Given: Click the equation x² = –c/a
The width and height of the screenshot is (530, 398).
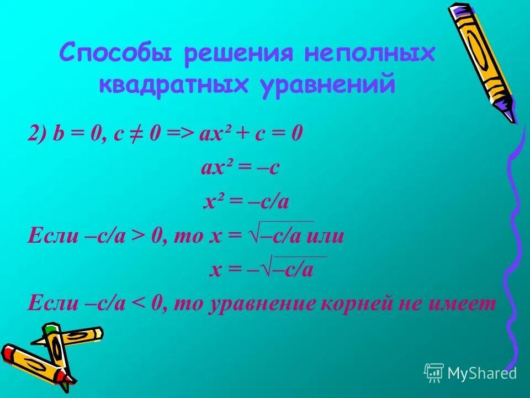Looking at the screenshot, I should (246, 202).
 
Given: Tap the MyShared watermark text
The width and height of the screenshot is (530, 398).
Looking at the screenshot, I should (481, 373).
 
